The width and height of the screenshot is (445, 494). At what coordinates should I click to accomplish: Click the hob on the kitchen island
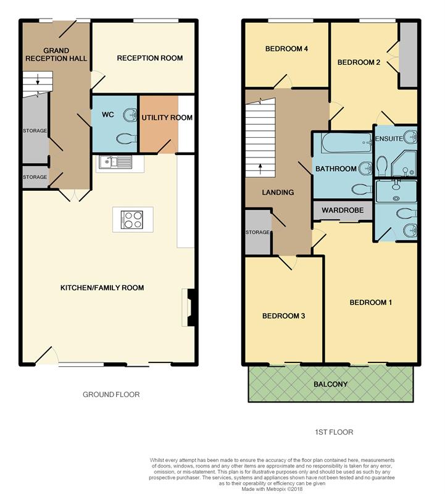132,220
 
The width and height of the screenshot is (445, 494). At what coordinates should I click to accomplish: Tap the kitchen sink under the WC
115,162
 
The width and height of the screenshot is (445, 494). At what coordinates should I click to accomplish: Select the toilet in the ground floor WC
127,138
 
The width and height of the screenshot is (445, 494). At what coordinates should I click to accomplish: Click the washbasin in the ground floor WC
130,115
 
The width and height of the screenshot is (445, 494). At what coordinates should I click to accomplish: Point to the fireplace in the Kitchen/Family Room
191,308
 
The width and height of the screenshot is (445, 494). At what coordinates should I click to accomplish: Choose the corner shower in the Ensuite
404,163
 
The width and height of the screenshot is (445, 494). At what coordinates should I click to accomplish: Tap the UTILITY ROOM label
167,117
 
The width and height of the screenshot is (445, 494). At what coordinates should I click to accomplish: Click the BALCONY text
330,384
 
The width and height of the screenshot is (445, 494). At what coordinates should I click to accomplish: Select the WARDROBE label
343,210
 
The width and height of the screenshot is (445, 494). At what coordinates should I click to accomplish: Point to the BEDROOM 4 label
286,49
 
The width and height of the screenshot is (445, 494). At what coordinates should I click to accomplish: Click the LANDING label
278,192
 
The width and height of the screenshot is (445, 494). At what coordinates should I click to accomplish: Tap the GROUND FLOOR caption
111,395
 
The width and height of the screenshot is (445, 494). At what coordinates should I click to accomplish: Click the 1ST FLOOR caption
334,432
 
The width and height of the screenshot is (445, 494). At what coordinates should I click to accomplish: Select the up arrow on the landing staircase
260,169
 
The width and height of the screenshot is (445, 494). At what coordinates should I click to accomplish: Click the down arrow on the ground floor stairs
38,80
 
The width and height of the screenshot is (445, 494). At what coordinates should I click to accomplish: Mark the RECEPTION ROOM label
150,58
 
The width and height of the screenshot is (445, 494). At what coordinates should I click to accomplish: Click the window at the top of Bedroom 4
291,21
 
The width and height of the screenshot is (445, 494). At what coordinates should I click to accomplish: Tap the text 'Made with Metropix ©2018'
272,489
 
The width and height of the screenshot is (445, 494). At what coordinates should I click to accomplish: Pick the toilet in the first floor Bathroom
362,190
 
